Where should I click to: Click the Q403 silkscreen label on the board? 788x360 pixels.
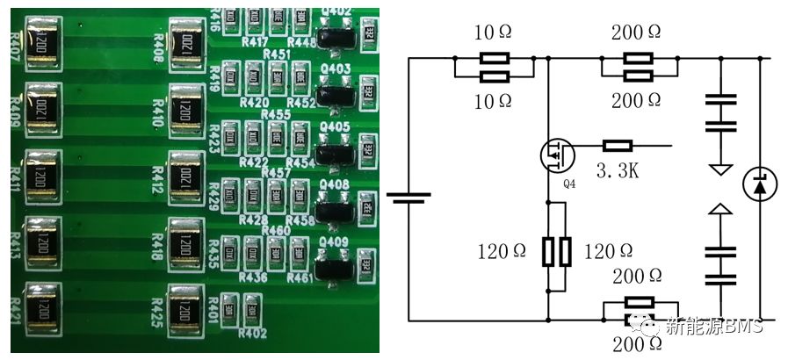[x=336, y=68]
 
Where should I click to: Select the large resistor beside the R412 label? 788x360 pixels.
[x=186, y=173]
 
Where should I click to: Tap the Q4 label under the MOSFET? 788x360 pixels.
[x=568, y=184]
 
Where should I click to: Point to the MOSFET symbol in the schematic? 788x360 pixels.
[x=558, y=155]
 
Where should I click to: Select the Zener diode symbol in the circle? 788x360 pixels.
[x=758, y=184]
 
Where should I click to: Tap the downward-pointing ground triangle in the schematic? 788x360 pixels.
[x=720, y=167]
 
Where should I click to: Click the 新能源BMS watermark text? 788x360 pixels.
[x=713, y=328]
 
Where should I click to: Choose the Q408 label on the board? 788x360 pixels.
[x=336, y=184]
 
